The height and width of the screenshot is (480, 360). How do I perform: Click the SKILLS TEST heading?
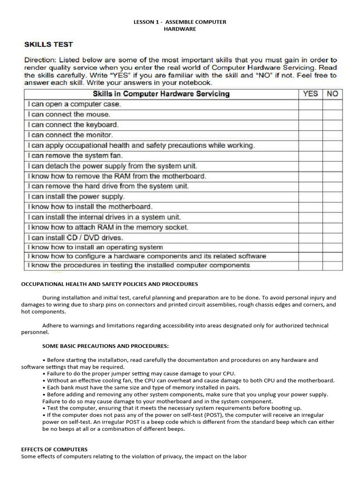[49, 45]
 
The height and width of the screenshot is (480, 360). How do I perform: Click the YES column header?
[310, 94]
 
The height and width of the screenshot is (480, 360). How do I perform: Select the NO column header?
[332, 94]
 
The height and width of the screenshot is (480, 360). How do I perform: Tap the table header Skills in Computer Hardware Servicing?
[161, 94]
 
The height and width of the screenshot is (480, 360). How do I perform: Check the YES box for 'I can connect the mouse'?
[310, 114]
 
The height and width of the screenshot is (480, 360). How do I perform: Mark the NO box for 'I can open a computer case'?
[332, 104]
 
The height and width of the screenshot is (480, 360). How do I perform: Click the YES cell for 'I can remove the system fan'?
[310, 156]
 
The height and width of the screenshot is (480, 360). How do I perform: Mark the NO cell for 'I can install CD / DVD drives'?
[332, 238]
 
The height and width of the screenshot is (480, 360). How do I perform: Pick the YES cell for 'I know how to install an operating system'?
[310, 247]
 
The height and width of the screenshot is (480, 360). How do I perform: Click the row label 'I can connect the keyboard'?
[73, 125]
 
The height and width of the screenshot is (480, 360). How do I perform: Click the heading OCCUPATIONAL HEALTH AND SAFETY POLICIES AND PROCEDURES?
[110, 284]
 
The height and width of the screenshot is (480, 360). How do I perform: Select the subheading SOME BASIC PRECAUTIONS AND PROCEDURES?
[105, 346]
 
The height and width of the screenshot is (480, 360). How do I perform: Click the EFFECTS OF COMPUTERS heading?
[54, 449]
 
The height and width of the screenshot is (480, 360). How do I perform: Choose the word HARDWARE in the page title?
[180, 29]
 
